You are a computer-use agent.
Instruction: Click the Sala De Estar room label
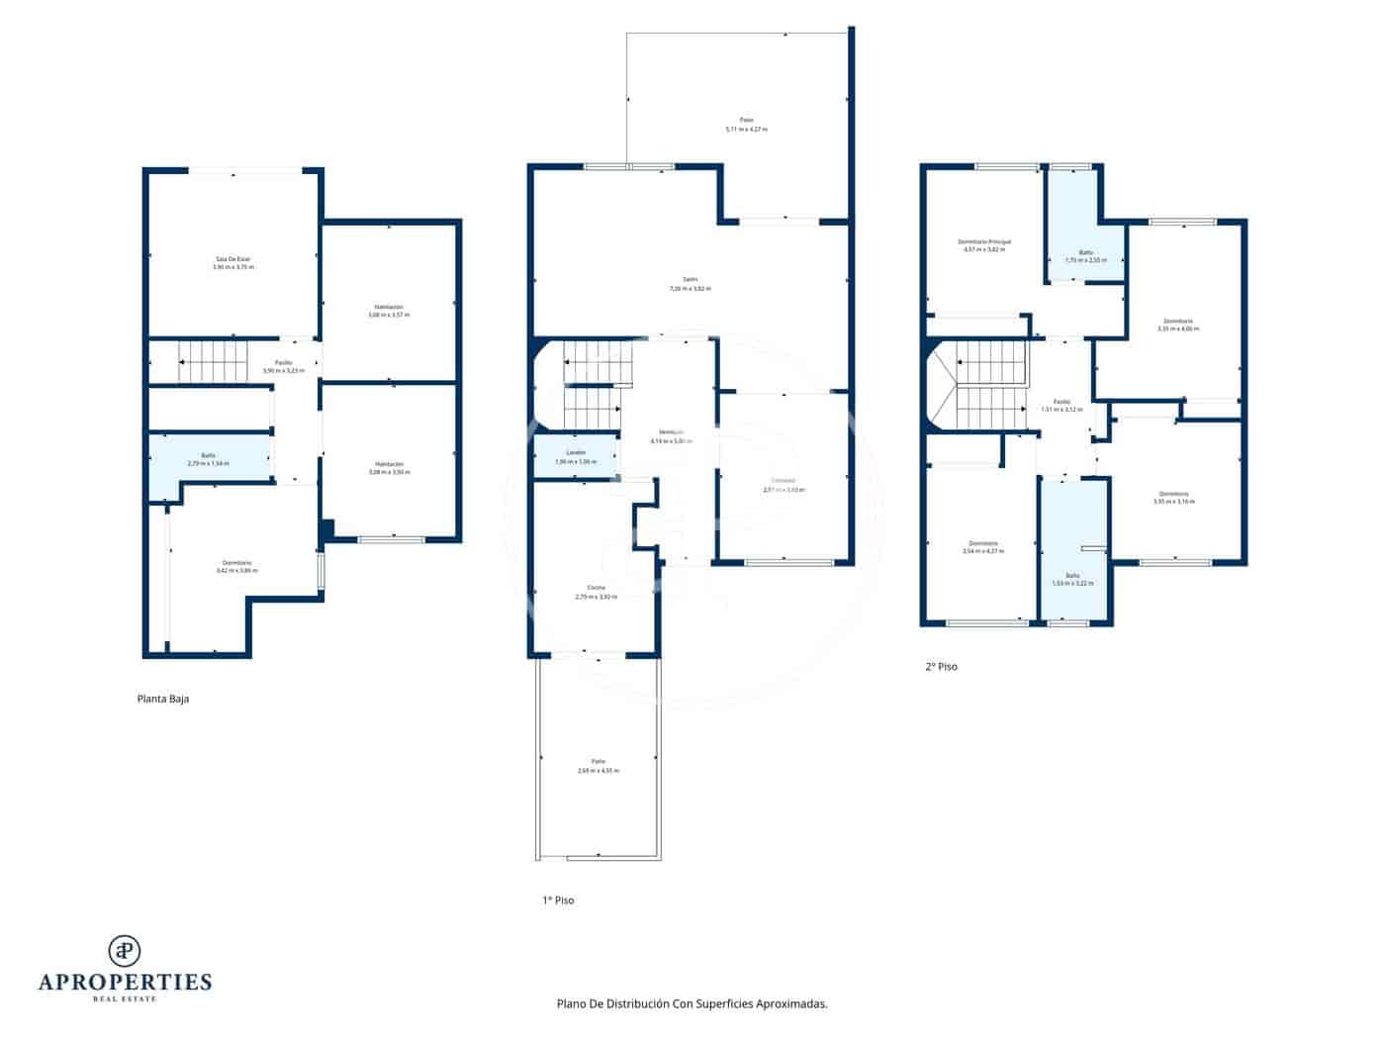(x=233, y=263)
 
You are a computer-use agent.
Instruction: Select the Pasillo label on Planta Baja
(x=284, y=366)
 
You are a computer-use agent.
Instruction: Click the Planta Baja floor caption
(x=162, y=699)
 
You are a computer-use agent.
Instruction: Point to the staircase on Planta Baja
(x=213, y=361)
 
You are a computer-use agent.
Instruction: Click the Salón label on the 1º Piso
(x=691, y=284)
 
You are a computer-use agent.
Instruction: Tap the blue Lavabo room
(x=576, y=458)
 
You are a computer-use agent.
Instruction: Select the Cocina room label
(x=597, y=593)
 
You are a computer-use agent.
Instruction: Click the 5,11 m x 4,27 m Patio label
(x=747, y=125)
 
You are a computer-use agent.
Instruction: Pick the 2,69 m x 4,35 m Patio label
(x=599, y=767)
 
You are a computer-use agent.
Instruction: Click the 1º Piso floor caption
(x=558, y=900)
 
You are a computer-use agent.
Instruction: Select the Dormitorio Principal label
(x=984, y=245)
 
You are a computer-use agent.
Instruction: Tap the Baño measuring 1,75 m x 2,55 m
(x=1085, y=255)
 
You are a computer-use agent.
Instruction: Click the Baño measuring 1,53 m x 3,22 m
(x=1073, y=579)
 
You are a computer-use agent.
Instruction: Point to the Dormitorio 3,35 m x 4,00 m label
(x=1177, y=325)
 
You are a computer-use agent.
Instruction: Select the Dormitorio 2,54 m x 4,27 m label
(x=983, y=546)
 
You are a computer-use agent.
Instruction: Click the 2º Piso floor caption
(x=941, y=667)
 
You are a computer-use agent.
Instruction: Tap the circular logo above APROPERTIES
(x=125, y=950)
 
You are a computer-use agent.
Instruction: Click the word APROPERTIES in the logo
(x=125, y=983)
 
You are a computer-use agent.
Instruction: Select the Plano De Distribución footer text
(x=692, y=1003)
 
